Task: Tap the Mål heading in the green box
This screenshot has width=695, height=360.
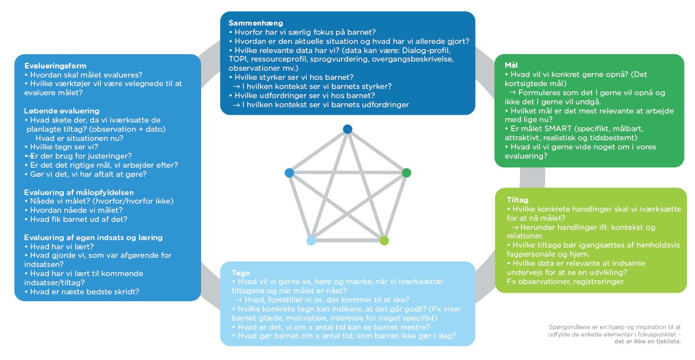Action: click(x=511, y=66)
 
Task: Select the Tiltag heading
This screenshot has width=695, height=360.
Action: click(x=518, y=200)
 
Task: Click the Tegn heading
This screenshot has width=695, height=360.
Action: click(x=242, y=273)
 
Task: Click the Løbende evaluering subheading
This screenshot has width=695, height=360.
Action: click(x=62, y=111)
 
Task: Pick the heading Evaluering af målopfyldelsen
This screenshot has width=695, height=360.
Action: click(x=77, y=192)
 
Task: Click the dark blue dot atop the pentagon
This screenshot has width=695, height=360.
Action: click(x=347, y=130)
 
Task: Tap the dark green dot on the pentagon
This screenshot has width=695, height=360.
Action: click(x=406, y=172)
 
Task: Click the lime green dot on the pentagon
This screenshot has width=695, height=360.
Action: click(x=384, y=240)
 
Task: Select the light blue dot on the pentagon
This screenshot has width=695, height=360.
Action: click(x=311, y=240)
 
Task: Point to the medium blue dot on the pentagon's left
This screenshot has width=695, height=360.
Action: click(x=289, y=172)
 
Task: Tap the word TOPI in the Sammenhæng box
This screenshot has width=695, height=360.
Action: click(x=238, y=59)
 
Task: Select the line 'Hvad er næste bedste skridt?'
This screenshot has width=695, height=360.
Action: click(x=84, y=292)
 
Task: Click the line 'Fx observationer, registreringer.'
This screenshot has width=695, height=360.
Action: click(x=566, y=281)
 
